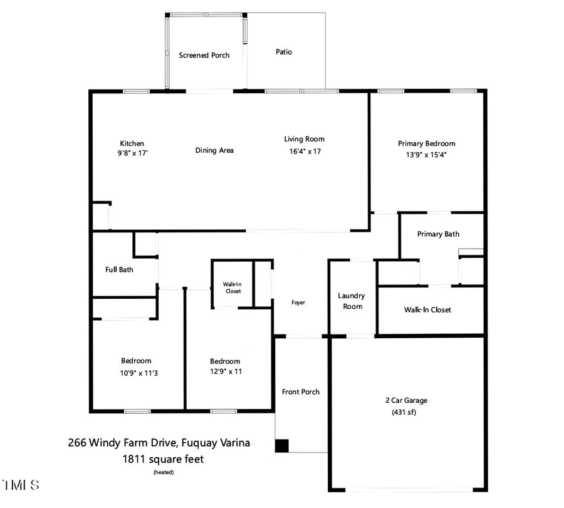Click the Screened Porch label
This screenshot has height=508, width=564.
(204, 55)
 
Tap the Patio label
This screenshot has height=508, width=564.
(284, 52)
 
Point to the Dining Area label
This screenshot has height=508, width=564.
(214, 150)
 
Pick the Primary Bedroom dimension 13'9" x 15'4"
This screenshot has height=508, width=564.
(426, 154)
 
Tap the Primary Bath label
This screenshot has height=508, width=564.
(438, 234)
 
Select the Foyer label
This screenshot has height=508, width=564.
(298, 303)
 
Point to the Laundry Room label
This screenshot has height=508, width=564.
(351, 301)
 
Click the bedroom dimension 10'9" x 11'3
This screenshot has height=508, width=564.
(136, 372)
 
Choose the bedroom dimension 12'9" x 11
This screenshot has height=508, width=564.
(225, 371)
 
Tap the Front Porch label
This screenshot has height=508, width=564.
(301, 392)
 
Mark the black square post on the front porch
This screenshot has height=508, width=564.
(282, 445)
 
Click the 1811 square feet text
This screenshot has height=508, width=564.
(163, 459)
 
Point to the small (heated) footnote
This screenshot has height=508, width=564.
(164, 472)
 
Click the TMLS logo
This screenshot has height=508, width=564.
(21, 485)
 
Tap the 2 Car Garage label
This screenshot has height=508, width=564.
(406, 400)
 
